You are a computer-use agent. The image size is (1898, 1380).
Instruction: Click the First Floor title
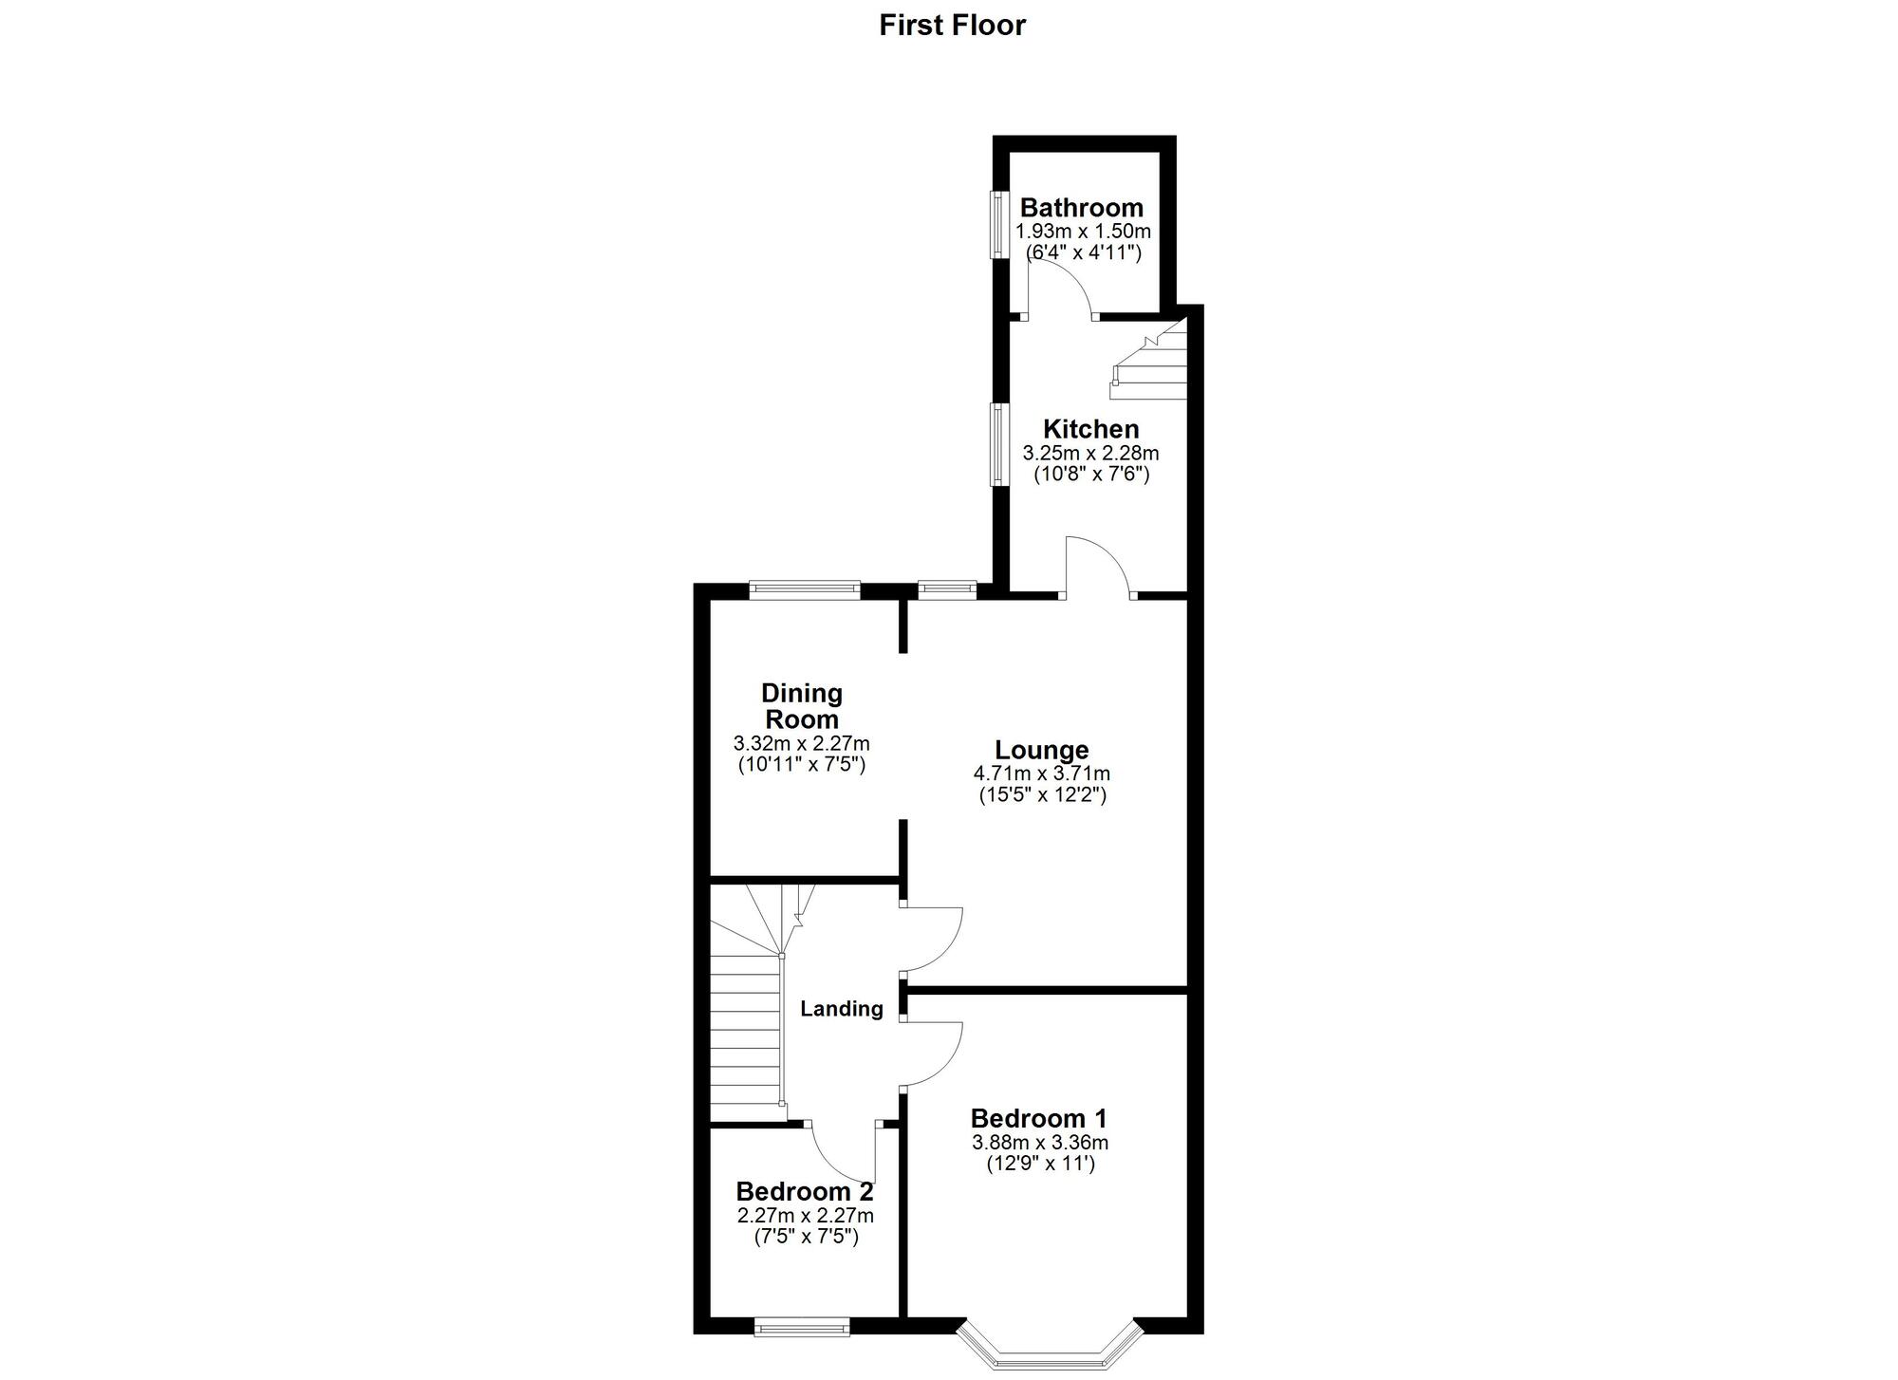(952, 25)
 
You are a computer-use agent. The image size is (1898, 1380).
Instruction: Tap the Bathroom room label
(1081, 208)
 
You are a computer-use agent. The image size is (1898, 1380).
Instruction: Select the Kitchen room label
(1090, 429)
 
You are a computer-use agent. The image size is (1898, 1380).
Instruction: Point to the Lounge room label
(1041, 751)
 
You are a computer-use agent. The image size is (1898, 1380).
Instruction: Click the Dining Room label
(802, 706)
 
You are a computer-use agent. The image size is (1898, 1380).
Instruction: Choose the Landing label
(841, 1009)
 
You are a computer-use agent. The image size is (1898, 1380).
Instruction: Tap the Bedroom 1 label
(1038, 1119)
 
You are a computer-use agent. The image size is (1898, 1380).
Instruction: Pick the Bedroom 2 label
(804, 1191)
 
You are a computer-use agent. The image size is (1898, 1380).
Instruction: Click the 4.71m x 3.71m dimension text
(1042, 774)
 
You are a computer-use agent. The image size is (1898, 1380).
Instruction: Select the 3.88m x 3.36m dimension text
(1040, 1143)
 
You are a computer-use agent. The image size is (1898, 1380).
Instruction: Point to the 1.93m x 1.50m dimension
(1083, 232)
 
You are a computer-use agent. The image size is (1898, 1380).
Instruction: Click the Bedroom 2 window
(802, 1327)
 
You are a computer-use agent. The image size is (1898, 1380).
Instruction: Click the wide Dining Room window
(805, 590)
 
